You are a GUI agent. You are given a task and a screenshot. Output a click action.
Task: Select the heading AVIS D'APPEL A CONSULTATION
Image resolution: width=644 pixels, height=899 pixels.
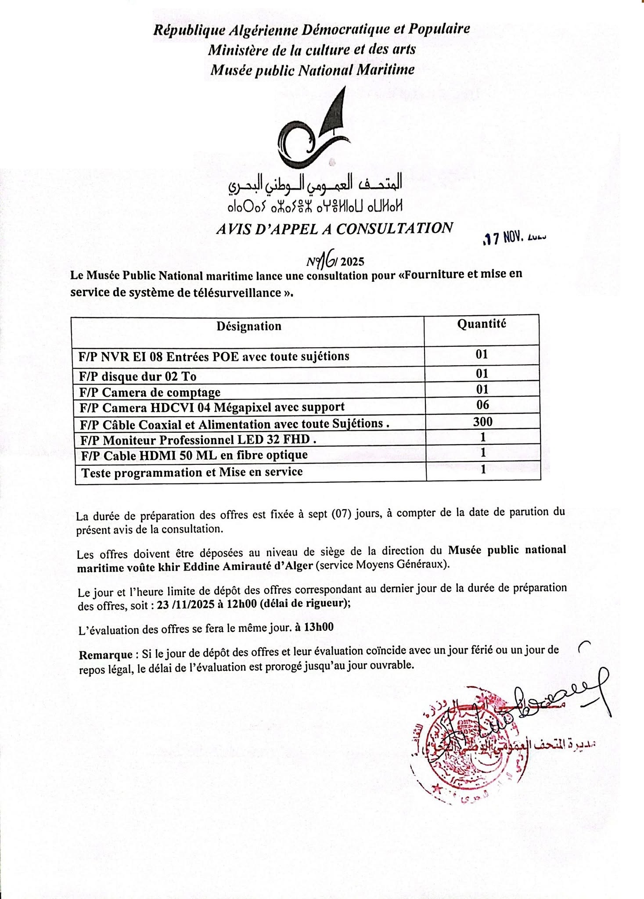(x=335, y=229)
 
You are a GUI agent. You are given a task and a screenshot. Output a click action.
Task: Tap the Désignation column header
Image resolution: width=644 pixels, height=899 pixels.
(x=248, y=326)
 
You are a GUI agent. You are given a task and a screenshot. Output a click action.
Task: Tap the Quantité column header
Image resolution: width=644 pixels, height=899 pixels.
(x=482, y=324)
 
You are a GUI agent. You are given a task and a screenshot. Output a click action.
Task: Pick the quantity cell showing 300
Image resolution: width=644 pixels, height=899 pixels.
(x=482, y=422)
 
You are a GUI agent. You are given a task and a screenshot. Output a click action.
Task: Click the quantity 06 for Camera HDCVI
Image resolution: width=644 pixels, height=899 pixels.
(x=482, y=405)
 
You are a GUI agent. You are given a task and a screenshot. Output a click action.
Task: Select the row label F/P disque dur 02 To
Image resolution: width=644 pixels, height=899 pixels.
(x=138, y=376)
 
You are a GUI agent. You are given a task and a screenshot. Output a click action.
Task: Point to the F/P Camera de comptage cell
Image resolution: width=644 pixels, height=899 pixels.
(x=150, y=392)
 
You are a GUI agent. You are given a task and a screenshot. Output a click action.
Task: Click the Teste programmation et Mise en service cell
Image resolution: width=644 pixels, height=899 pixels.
(x=192, y=472)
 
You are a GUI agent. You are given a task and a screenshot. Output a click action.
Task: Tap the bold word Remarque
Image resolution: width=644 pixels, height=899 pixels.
(x=105, y=655)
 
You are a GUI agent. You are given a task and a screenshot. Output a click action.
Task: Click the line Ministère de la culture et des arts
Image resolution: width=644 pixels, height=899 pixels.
(x=312, y=50)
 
